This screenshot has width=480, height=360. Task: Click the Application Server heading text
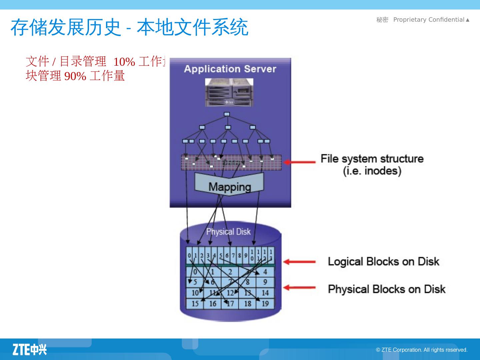click(x=230, y=69)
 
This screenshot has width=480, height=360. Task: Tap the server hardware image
click(x=229, y=92)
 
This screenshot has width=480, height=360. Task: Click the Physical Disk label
click(x=228, y=232)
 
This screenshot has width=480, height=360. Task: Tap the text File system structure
click(x=372, y=159)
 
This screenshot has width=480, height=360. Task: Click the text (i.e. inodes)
click(x=372, y=171)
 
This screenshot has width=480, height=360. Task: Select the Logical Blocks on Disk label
click(x=383, y=262)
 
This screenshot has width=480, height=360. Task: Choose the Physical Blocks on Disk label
click(x=387, y=289)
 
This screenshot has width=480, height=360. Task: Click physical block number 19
click(x=265, y=304)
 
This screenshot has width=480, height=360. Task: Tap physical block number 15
click(x=195, y=304)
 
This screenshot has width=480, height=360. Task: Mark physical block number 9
click(x=265, y=282)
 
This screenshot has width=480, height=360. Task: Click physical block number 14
click(x=265, y=293)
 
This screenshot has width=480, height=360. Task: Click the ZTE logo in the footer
click(x=30, y=349)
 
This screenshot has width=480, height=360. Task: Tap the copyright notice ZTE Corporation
click(x=422, y=350)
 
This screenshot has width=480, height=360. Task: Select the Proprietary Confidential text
click(x=429, y=20)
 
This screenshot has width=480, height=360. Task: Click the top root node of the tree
click(x=227, y=114)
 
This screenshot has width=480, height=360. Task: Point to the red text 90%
click(x=75, y=76)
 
